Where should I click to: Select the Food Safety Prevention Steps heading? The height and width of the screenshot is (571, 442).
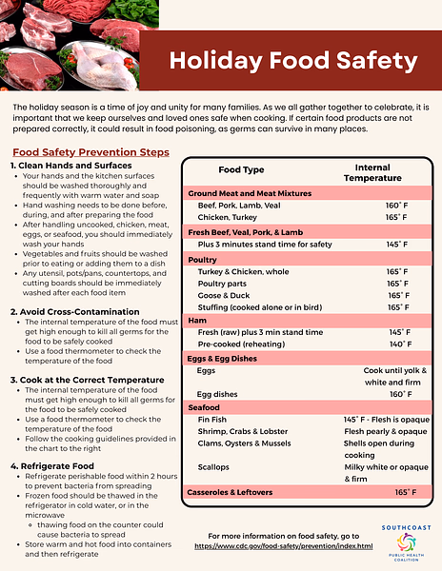coord(90,151)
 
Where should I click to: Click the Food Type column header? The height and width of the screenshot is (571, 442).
coord(241,169)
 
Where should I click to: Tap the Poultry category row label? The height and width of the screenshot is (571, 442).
coord(203,259)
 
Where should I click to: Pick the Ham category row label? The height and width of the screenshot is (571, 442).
coord(197,321)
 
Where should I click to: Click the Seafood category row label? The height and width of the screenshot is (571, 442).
coord(205,407)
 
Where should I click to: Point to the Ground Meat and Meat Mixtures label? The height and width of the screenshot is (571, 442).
coord(249,192)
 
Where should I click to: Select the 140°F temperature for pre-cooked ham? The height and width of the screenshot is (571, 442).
coord(400,345)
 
